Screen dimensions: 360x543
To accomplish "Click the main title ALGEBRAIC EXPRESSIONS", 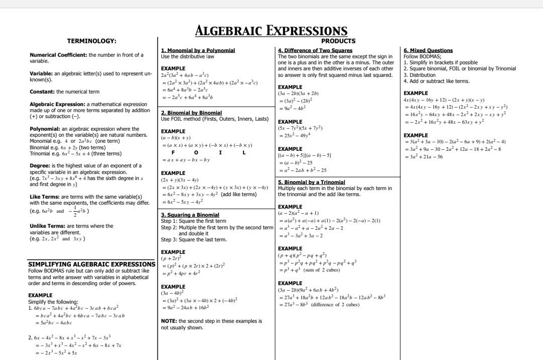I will (271, 31).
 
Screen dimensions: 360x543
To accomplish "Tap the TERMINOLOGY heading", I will (92, 41).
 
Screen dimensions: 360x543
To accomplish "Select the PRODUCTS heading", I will (338, 41).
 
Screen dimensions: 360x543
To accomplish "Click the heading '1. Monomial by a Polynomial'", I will (198, 51).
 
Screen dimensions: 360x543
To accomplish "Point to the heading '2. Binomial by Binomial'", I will (191, 113).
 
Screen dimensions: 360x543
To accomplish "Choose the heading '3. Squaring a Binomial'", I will (190, 215).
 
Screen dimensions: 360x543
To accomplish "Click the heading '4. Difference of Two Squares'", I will (315, 51).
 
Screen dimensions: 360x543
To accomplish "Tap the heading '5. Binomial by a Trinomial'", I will (311, 182).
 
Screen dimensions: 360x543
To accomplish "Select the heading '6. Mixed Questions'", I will (428, 51).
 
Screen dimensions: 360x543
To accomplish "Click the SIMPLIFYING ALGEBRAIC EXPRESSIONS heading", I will (92, 264).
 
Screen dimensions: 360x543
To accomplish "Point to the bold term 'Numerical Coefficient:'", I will (58, 55).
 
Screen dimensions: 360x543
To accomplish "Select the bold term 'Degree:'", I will (41, 165).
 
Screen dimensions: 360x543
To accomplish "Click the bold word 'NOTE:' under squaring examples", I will (168, 321).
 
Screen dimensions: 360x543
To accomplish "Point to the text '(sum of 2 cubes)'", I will (322, 270).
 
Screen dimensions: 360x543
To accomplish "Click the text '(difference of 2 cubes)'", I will (335, 305).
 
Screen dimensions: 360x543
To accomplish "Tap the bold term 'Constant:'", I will (42, 92).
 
